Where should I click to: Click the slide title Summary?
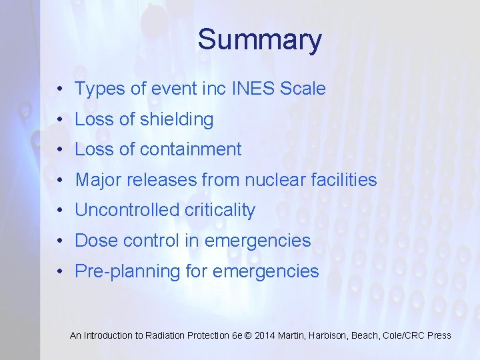coord(259,40)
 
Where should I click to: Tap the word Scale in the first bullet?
coord(304,89)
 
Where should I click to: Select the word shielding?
coord(177,120)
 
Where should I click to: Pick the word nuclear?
coord(276,180)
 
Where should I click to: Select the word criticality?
coord(221,211)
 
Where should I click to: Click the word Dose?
coord(96,241)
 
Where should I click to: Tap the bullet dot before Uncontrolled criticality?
coord(60,211)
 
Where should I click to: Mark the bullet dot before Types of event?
coord(60,89)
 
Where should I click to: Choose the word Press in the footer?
coord(439,335)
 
